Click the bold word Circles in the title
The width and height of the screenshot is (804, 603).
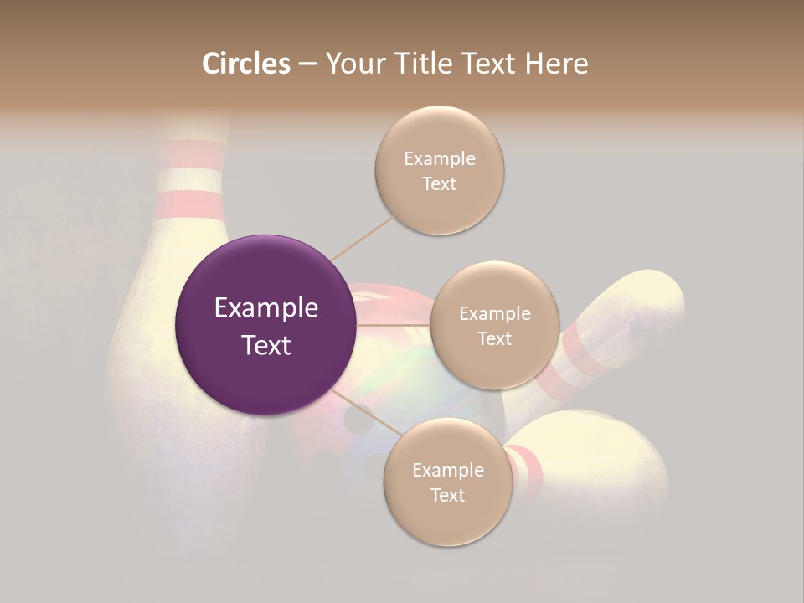[245, 64]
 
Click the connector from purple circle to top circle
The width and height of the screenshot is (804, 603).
[363, 238]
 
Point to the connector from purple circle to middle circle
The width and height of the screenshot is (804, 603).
[394, 324]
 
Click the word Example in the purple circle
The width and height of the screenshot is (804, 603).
[266, 308]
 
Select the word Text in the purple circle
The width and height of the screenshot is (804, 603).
[266, 345]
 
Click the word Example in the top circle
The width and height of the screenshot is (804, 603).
[440, 159]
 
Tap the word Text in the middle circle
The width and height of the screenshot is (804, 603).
[494, 339]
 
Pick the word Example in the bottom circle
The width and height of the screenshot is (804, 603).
[448, 471]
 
